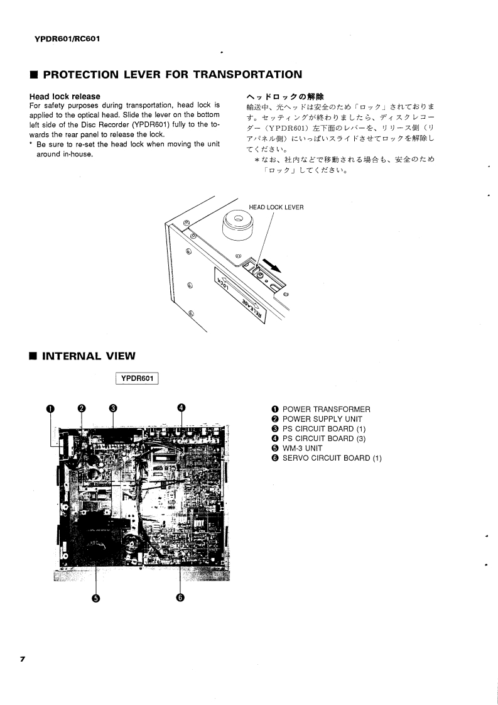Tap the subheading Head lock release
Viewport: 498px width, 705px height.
point(65,96)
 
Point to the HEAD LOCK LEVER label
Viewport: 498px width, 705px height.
point(276,207)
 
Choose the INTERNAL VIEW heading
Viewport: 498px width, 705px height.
point(89,356)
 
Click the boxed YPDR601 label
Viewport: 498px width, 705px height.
point(137,378)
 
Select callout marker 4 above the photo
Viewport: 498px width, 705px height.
point(181,407)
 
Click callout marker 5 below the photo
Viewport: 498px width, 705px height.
point(96,598)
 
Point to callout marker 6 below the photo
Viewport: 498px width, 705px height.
point(180,598)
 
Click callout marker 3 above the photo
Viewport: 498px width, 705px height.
point(112,407)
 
